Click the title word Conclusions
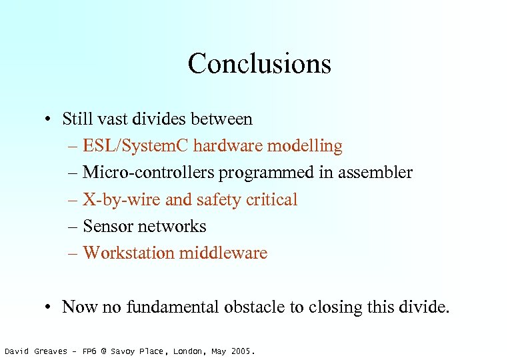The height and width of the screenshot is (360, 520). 259,64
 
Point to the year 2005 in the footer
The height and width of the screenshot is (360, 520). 242,351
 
